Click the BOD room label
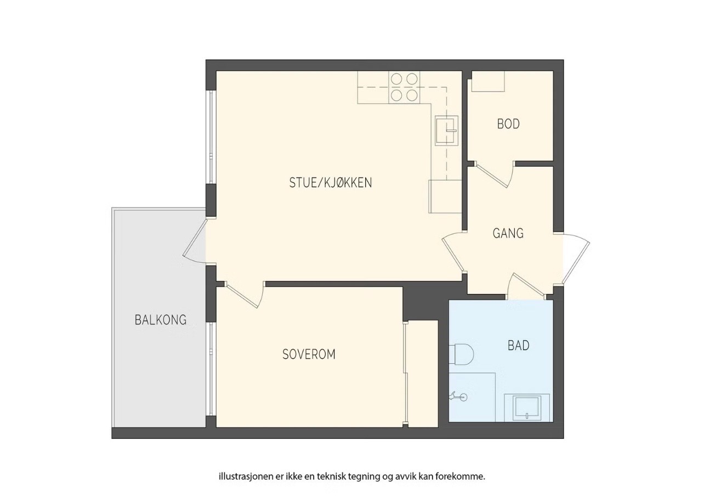[508, 124]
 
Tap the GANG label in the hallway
[508, 233]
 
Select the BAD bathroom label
[519, 346]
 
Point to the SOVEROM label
[309, 354]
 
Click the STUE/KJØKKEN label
[330, 183]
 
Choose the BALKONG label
[161, 320]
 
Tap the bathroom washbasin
[527, 408]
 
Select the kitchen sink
[446, 131]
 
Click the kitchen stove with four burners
[404, 87]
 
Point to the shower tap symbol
[458, 397]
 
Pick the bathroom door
[526, 286]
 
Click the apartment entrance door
[576, 259]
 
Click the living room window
[211, 137]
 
